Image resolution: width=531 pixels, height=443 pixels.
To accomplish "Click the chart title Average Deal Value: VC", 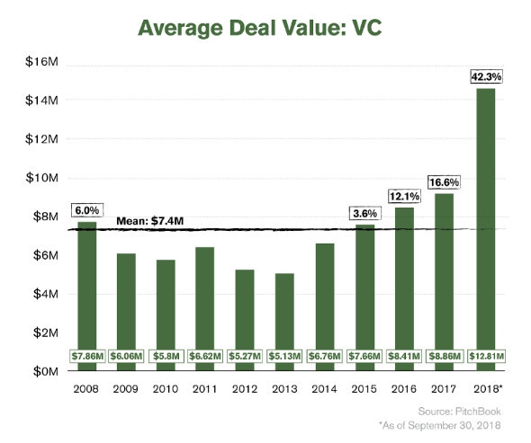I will click(x=265, y=27).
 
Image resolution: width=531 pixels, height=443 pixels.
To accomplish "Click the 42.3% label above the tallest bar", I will click(x=485, y=77).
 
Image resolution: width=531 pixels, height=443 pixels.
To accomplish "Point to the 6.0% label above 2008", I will click(x=87, y=210).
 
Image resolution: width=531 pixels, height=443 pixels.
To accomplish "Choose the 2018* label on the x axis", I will click(x=486, y=391).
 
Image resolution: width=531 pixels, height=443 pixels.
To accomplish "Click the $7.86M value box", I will click(x=87, y=356).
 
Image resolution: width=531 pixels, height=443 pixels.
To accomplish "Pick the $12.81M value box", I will click(x=485, y=356).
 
